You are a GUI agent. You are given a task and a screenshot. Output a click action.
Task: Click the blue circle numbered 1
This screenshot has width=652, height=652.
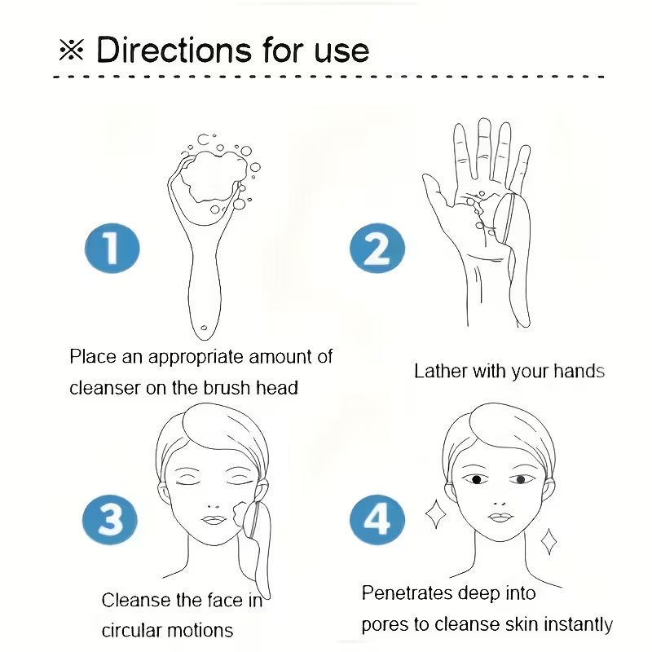pyautogui.click(x=112, y=249)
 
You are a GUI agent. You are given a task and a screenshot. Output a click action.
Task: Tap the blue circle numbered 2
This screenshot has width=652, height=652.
pyautogui.click(x=377, y=249)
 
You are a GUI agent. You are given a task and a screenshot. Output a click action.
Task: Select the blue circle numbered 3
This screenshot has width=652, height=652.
pyautogui.click(x=110, y=519)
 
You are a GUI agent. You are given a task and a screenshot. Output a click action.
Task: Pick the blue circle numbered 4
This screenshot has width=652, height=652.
pyautogui.click(x=377, y=519)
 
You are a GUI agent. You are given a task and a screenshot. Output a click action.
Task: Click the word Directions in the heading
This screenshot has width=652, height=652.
pyautogui.click(x=174, y=51)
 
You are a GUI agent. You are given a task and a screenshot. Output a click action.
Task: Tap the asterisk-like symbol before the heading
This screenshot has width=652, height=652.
pyautogui.click(x=71, y=51)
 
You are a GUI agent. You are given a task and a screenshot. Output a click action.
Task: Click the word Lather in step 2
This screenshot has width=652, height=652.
pyautogui.click(x=440, y=371)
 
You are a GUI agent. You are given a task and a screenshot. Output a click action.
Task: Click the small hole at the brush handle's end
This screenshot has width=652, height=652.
pyautogui.click(x=204, y=328)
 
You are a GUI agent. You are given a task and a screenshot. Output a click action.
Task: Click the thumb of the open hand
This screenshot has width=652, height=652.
pyautogui.click(x=437, y=192)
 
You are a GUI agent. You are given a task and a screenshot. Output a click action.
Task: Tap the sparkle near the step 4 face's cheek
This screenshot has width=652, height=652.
pyautogui.click(x=435, y=514)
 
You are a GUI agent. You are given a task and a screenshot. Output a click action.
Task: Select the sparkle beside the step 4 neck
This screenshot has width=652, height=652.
pyautogui.click(x=548, y=541)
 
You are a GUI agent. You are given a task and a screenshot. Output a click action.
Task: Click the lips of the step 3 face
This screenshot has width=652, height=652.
pyautogui.click(x=214, y=520)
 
